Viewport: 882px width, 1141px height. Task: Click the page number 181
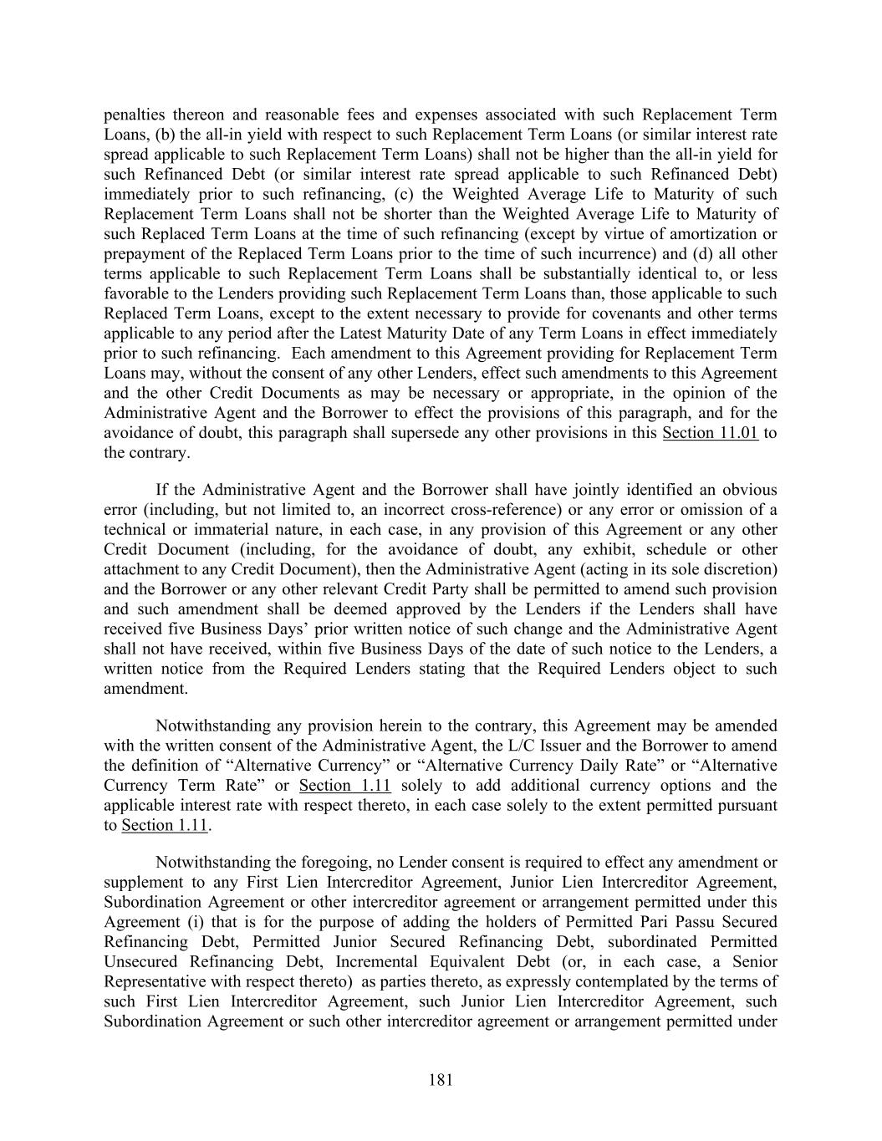[x=441, y=1080]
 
